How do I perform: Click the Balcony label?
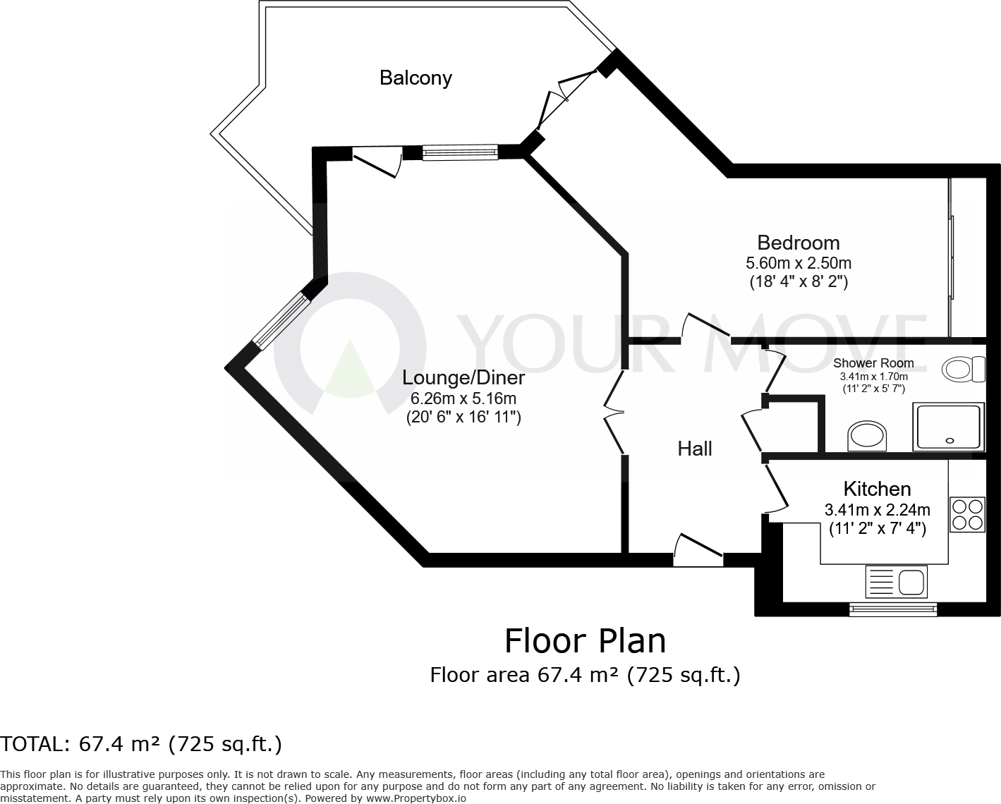(415, 78)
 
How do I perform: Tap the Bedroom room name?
(798, 243)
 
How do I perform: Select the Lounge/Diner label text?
(463, 377)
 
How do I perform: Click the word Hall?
(695, 449)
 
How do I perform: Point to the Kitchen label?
(877, 489)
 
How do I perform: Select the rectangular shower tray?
(948, 427)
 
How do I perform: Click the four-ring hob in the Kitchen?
(967, 514)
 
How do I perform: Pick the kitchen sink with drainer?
(896, 583)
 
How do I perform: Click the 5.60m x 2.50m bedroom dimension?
(798, 263)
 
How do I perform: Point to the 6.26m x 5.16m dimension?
(463, 398)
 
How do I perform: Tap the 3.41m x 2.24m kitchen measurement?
(877, 509)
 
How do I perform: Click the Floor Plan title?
(585, 641)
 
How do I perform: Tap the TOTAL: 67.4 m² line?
(141, 744)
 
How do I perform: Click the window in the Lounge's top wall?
(459, 152)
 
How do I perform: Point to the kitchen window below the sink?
(893, 609)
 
